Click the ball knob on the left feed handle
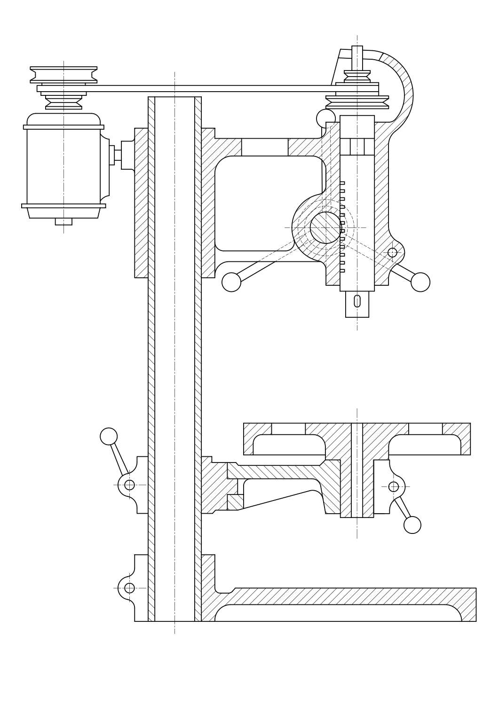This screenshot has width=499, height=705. click(231, 282)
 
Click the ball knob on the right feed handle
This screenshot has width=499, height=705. click(420, 282)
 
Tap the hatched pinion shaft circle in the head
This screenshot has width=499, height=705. click(325, 227)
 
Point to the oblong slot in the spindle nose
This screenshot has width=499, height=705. click(357, 301)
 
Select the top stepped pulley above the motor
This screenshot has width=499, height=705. click(63, 75)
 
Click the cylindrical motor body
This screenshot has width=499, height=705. click(63, 164)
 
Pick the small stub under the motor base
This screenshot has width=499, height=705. click(63, 221)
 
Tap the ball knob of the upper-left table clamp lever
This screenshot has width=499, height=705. click(109, 436)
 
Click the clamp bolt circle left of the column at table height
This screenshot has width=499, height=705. click(129, 485)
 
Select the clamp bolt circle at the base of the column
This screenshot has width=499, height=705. click(129, 588)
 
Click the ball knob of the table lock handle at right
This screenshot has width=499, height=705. click(412, 525)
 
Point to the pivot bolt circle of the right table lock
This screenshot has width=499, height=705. click(394, 486)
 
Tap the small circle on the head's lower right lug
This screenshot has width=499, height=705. click(392, 252)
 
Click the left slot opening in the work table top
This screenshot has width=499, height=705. click(288, 428)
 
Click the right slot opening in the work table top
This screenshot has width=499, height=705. click(425, 428)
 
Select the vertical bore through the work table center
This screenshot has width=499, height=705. click(357, 470)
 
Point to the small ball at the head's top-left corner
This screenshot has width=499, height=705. click(325, 118)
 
